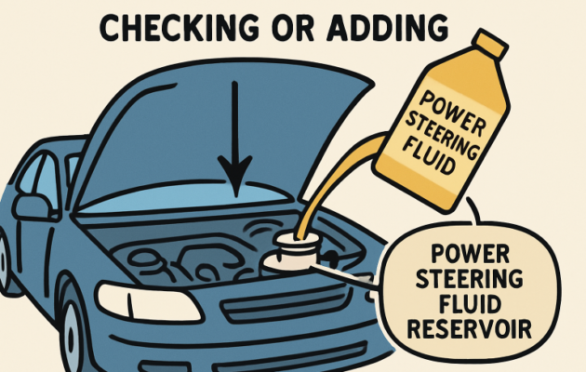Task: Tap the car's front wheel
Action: tap(79, 339)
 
